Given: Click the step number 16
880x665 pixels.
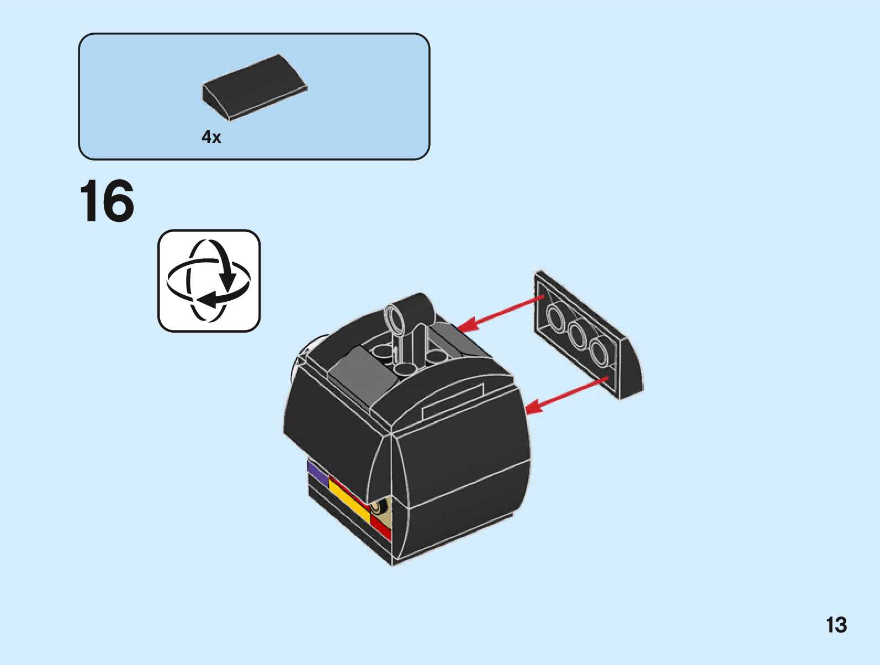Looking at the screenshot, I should [107, 201].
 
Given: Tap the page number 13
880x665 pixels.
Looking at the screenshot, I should [836, 625].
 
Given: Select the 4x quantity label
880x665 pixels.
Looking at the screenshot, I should [211, 137].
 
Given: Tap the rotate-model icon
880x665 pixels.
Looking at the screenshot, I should [209, 281].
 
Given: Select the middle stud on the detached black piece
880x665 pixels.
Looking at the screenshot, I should [577, 335].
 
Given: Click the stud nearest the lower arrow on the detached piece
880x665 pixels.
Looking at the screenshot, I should [598, 352].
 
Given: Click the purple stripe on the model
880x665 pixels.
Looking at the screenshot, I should [317, 472].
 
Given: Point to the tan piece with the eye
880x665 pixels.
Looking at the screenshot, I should [382, 507].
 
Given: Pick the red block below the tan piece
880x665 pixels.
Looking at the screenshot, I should [380, 526].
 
